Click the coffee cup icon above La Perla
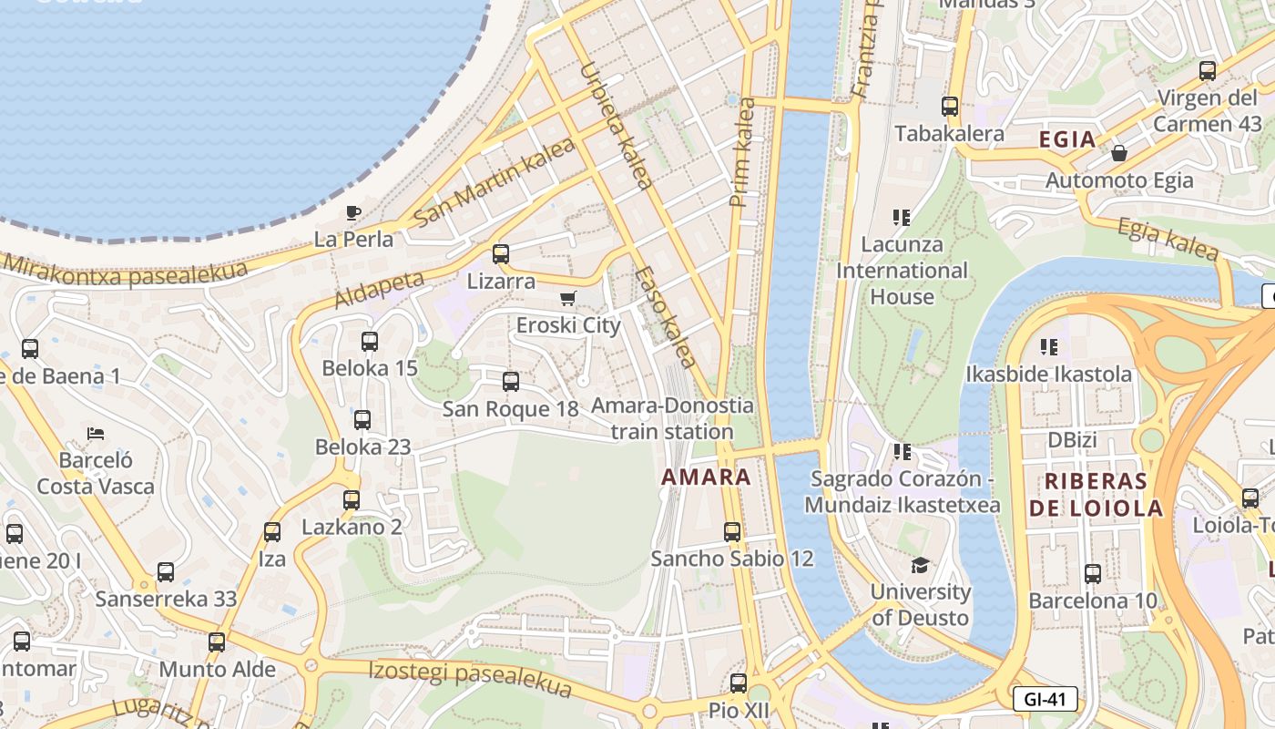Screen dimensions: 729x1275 tap(353, 212)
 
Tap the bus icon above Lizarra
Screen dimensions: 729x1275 tap(500, 254)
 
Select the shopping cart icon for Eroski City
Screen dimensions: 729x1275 tap(568, 299)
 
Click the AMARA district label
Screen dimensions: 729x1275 tap(707, 477)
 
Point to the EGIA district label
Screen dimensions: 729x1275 tap(1067, 139)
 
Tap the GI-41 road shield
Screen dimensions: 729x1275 tap(1045, 699)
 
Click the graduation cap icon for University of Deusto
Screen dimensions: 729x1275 tap(920, 566)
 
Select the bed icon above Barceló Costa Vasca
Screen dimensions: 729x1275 tap(96, 433)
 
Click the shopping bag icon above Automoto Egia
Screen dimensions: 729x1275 tap(1119, 153)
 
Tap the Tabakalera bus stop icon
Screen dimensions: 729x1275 tap(950, 107)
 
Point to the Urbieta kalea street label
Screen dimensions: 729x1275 tap(616, 126)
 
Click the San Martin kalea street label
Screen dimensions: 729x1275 tap(495, 182)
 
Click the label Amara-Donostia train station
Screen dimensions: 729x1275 tap(672, 418)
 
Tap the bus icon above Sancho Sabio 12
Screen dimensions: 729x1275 tap(732, 532)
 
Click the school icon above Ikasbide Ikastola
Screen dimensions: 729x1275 tap(1049, 347)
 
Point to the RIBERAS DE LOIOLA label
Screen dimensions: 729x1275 tap(1096, 495)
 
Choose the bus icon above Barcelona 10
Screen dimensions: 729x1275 tap(1092, 574)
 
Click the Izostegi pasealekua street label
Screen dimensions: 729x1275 tap(469, 677)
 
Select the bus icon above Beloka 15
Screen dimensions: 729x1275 tap(369, 342)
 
